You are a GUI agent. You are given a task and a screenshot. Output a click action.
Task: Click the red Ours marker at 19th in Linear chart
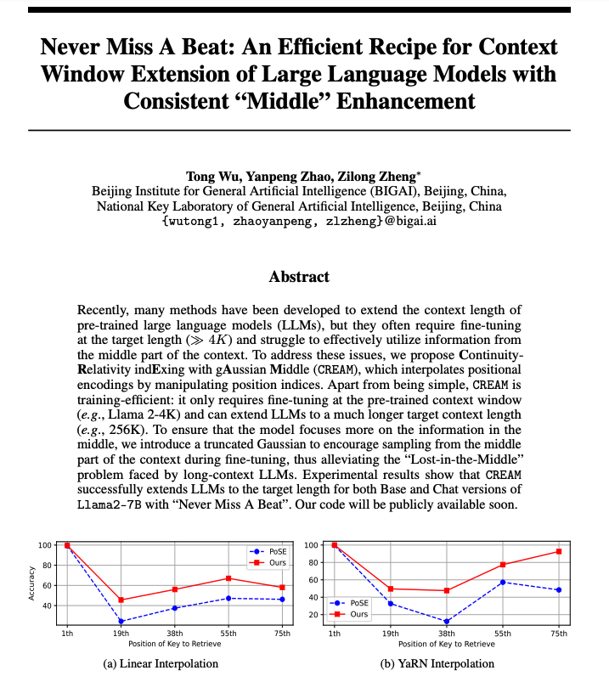click(121, 600)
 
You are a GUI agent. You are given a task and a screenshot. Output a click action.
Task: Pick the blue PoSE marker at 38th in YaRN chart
click(446, 622)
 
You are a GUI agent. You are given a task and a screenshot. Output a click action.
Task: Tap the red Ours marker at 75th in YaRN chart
click(558, 551)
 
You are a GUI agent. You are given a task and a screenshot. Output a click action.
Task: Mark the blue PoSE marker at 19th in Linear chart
click(121, 622)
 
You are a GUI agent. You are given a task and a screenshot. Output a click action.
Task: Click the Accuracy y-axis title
click(32, 585)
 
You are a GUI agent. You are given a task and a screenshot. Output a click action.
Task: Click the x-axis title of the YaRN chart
click(446, 645)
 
